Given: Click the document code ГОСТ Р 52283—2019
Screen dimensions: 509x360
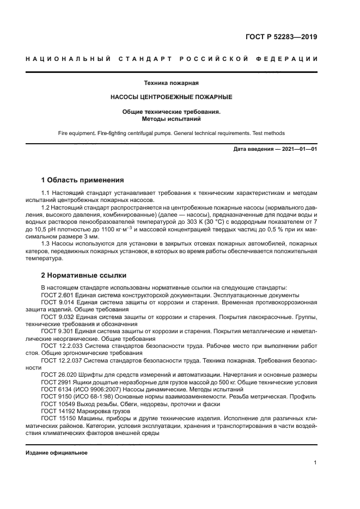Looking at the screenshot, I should click(282, 37).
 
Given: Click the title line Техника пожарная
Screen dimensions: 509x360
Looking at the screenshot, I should click(172, 83).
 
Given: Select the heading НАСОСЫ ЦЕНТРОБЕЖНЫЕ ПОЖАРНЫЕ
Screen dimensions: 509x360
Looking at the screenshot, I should click(172, 97).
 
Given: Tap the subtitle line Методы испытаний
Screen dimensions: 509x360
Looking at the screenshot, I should click(172, 118).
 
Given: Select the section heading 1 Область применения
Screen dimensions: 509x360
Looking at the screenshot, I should click(83, 180).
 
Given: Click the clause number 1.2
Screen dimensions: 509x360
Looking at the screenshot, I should click(46, 207).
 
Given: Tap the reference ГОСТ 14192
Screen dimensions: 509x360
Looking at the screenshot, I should click(58, 411).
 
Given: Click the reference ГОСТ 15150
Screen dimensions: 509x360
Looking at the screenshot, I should click(58, 418).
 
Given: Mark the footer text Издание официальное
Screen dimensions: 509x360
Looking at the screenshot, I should click(57, 453).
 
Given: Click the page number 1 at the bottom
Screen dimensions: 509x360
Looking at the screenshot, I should click(315, 463).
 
